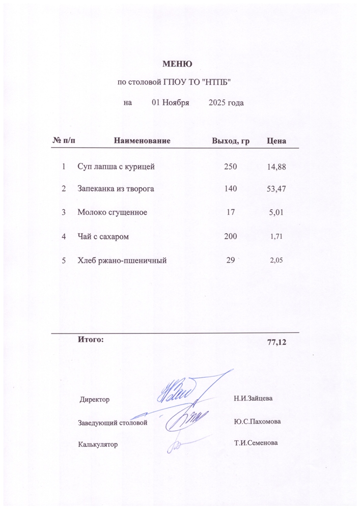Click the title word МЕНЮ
point(177,64)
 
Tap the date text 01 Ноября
point(171,103)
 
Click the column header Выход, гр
point(230,140)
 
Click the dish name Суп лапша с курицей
point(116,166)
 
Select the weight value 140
point(231,189)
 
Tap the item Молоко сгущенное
point(112,212)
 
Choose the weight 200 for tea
point(231,236)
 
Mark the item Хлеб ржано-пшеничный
point(122,260)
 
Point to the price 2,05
point(275,260)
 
